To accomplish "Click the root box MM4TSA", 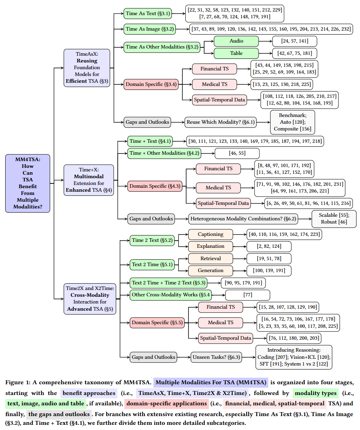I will point(28,183).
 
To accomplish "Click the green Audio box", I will point(236,41).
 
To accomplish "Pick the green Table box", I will point(236,53).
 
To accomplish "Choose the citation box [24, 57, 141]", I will point(295,41).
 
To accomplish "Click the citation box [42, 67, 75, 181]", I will point(295,53).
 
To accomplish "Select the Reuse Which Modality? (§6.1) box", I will point(220,122).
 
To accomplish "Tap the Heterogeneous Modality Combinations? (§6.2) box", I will point(249,218).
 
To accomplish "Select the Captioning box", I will point(210,234).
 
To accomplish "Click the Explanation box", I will point(210,246).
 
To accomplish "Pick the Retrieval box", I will point(210,259).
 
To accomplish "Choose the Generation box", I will point(210,270).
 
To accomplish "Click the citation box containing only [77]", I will point(247,295).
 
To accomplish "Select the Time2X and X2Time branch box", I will point(90,298).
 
